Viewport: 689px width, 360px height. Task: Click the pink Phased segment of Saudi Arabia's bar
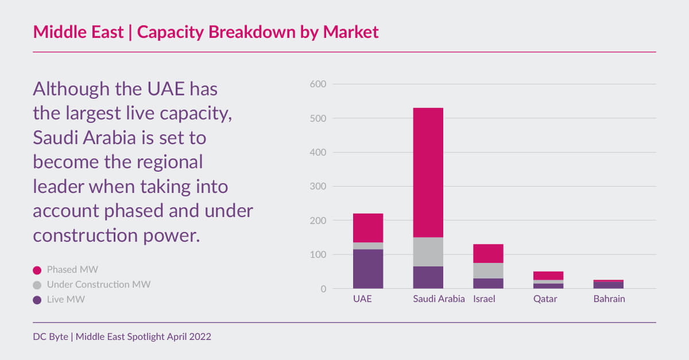point(428,172)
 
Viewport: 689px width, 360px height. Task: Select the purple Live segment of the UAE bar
point(368,269)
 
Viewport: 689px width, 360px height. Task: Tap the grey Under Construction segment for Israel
point(488,270)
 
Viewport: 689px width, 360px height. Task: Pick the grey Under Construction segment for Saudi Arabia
point(428,251)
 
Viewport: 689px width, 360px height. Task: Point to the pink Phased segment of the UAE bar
point(368,228)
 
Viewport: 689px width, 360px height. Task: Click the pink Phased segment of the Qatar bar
point(548,276)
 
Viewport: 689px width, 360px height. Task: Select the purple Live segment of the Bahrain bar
point(609,285)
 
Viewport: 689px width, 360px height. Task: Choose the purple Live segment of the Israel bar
point(488,283)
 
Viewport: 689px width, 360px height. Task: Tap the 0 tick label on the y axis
point(323,289)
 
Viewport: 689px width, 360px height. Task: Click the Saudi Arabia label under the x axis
point(439,299)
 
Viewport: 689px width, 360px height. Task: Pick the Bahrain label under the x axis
point(609,299)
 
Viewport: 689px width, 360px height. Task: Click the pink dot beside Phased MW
point(37,270)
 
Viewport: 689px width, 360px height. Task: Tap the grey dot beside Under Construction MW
point(37,285)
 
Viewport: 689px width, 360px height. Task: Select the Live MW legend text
point(66,299)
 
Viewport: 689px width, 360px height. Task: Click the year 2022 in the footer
point(199,337)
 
